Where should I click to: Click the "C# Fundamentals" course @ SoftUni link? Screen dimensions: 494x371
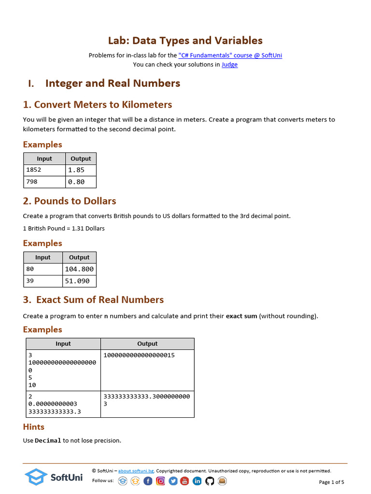(230, 55)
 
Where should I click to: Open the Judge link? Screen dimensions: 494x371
(229, 64)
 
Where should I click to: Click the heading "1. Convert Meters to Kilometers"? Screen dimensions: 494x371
(98, 105)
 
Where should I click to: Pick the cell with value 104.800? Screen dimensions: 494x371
(79, 269)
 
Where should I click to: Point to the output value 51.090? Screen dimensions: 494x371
(77, 281)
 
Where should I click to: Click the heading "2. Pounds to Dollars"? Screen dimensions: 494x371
(70, 201)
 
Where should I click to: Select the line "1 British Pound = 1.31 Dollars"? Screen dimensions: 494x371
(64, 228)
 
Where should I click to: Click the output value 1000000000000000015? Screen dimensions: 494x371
(139, 355)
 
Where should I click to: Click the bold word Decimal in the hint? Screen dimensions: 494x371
(48, 440)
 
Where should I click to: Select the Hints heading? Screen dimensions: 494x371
(34, 427)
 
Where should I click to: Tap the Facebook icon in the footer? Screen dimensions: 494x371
(148, 481)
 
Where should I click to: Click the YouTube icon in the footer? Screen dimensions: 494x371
(185, 481)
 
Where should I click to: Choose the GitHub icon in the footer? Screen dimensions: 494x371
(210, 481)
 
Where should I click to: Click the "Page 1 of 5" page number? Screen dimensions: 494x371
(331, 482)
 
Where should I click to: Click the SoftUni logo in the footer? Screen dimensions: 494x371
(54, 477)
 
